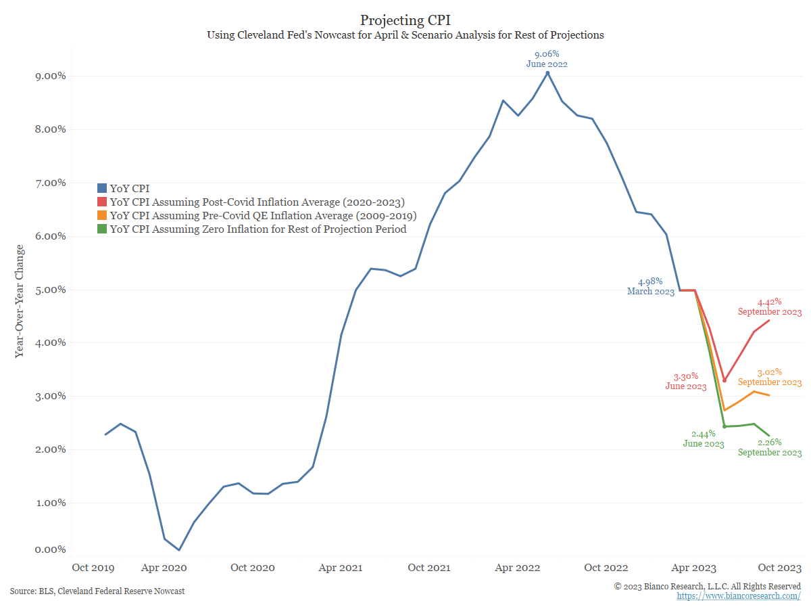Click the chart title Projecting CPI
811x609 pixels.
click(x=405, y=20)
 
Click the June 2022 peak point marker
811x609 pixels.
click(x=547, y=73)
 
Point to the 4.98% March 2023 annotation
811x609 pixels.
click(x=651, y=286)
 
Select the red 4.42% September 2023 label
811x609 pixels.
click(x=770, y=307)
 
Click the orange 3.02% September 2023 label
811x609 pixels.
click(x=770, y=377)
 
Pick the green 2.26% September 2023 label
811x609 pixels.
click(x=770, y=447)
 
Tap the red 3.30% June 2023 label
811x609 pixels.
click(x=686, y=382)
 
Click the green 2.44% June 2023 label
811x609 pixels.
click(x=704, y=439)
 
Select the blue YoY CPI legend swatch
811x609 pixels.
click(x=102, y=188)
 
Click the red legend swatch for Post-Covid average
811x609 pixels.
click(x=102, y=202)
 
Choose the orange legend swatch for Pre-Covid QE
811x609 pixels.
click(x=102, y=215)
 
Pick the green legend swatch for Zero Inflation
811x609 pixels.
click(x=102, y=229)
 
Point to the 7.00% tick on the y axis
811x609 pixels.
click(x=51, y=183)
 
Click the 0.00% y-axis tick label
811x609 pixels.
click(x=51, y=550)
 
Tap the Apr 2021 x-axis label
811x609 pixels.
click(x=341, y=568)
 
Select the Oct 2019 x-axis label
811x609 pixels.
click(x=93, y=568)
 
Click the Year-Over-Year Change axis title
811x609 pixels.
click(x=19, y=301)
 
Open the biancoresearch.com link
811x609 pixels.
click(x=739, y=596)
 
